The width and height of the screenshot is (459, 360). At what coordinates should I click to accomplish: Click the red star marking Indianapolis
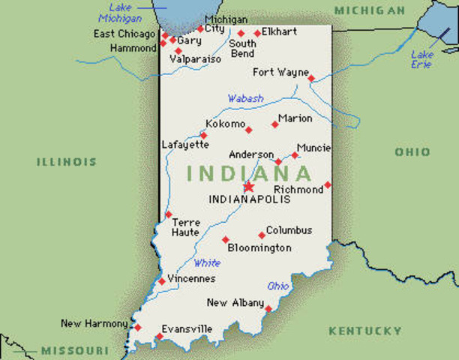pyautogui.click(x=248, y=187)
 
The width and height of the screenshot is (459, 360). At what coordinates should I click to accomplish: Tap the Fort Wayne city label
pyautogui.click(x=280, y=73)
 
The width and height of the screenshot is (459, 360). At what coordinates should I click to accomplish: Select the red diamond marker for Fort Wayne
pyautogui.click(x=311, y=77)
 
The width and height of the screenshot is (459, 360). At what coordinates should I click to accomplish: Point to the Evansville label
pyautogui.click(x=187, y=328)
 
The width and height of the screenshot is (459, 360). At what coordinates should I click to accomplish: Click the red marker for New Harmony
pyautogui.click(x=137, y=327)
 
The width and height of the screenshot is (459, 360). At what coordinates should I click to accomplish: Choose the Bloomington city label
pyautogui.click(x=259, y=247)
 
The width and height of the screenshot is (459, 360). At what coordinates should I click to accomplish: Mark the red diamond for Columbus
pyautogui.click(x=262, y=235)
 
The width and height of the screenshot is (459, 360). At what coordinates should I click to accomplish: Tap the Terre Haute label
pyautogui.click(x=186, y=227)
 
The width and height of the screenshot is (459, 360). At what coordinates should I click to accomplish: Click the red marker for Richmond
pyautogui.click(x=328, y=184)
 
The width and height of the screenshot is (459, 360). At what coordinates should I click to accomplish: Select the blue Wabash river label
pyautogui.click(x=246, y=98)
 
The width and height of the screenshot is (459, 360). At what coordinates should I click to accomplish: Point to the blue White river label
pyautogui.click(x=207, y=263)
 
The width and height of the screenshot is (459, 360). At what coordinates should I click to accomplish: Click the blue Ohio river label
pyautogui.click(x=278, y=286)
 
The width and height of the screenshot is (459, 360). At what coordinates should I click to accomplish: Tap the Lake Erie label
pyautogui.click(x=422, y=59)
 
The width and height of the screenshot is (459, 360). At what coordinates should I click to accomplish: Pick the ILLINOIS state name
pyautogui.click(x=67, y=161)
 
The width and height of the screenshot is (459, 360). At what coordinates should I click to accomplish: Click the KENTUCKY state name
pyautogui.click(x=365, y=331)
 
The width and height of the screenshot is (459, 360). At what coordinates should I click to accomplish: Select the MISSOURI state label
pyautogui.click(x=75, y=350)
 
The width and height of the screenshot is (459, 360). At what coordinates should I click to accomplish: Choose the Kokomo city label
pyautogui.click(x=225, y=124)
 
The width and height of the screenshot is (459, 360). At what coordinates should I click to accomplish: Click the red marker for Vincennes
pyautogui.click(x=162, y=281)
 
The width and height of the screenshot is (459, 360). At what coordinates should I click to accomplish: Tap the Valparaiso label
pyautogui.click(x=196, y=58)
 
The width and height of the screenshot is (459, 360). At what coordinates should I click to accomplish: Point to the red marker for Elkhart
pyautogui.click(x=257, y=33)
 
